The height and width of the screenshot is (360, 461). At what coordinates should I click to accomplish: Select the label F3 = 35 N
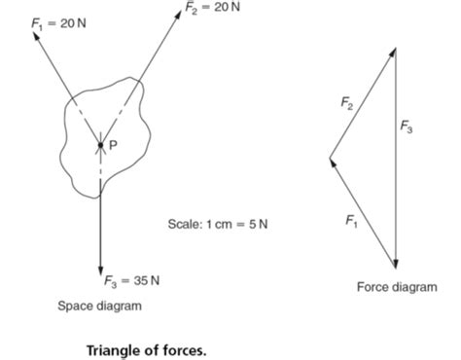132,281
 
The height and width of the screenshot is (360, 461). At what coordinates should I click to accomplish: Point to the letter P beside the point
113,147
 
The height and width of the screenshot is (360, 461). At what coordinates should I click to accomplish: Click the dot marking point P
100,147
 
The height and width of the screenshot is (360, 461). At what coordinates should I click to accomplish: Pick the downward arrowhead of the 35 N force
100,270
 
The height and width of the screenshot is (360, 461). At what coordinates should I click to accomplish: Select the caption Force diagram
396,287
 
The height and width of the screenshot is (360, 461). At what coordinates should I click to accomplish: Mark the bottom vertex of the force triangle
396,268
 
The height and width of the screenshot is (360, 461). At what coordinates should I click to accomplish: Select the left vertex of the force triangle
329,158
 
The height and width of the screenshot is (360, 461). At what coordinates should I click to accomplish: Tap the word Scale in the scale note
183,225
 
